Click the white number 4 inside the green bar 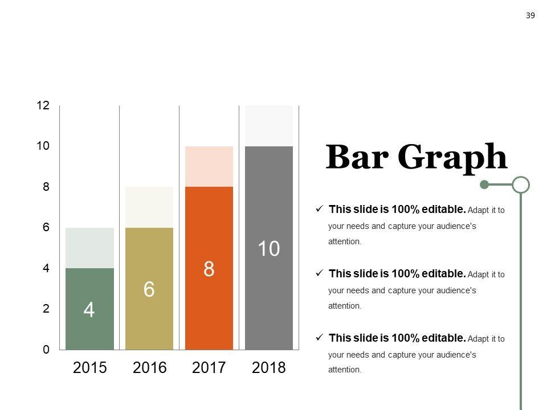coord(89,310)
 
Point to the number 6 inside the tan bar coord(149,290)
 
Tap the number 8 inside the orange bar coord(209,269)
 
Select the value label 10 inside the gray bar coord(269,249)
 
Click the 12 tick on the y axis coord(43,105)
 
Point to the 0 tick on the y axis coord(46,350)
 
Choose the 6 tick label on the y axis coord(46,227)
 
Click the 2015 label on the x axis coord(90,368)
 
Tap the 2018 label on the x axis coord(269,368)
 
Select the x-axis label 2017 coord(209,368)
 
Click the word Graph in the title coord(452,158)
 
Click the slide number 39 coord(530,15)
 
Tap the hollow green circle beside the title coord(521,184)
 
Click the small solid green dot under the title coord(484,184)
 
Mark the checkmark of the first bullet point coord(320,210)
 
